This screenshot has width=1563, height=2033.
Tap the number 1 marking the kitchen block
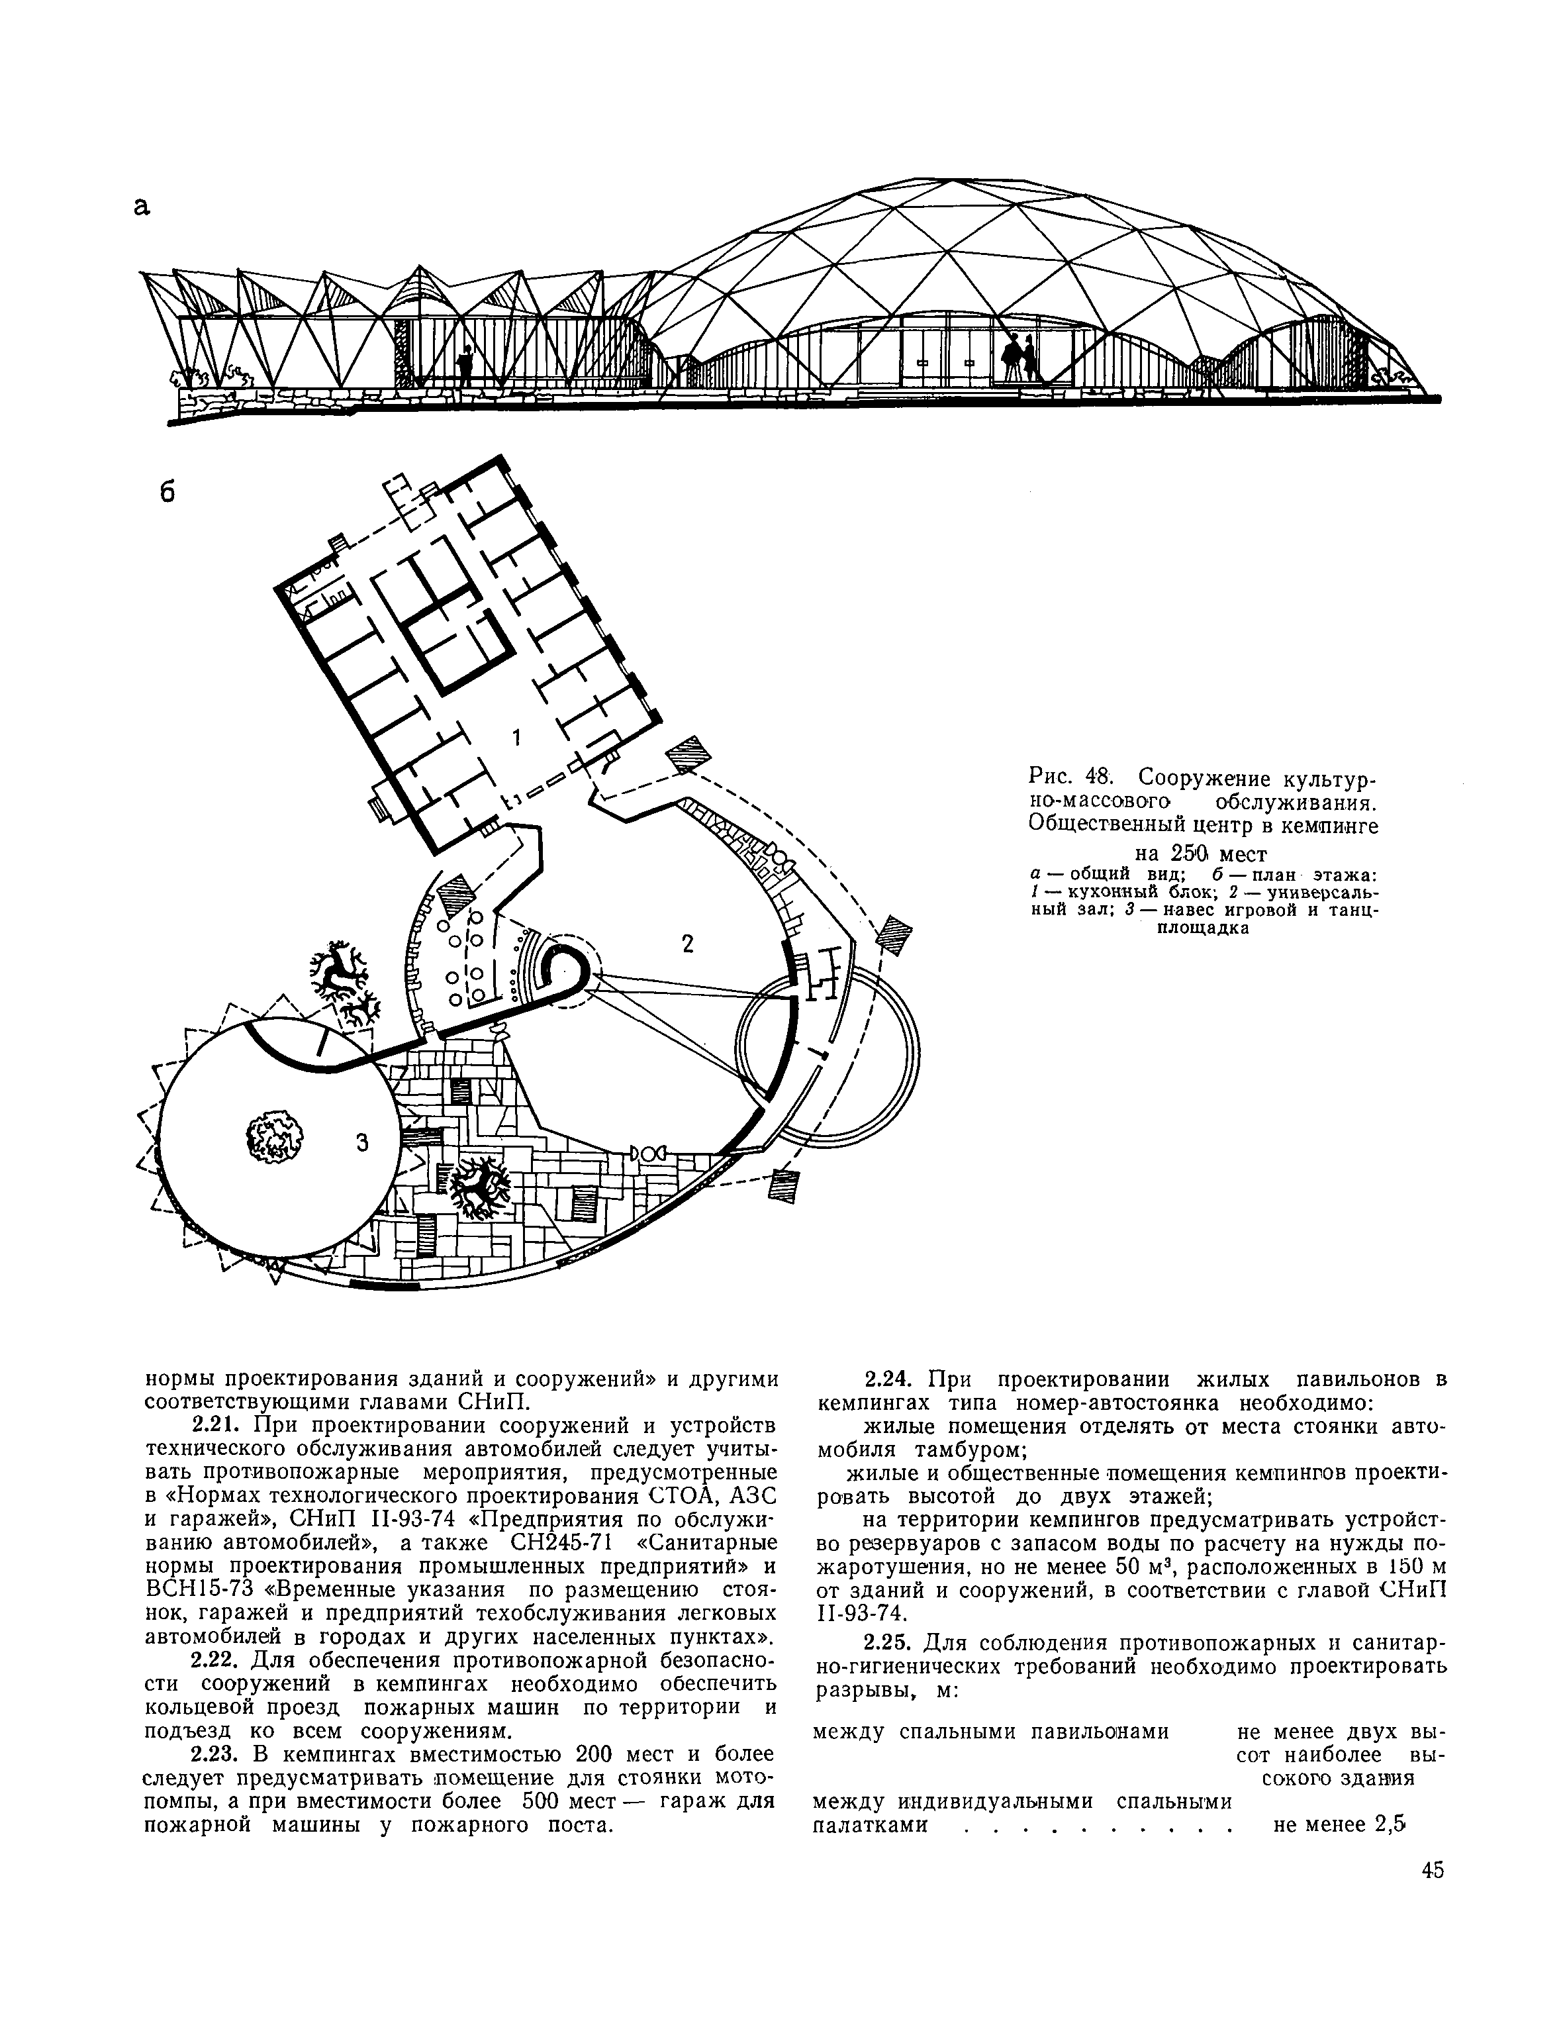tap(517, 737)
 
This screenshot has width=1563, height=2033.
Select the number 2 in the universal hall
tap(688, 944)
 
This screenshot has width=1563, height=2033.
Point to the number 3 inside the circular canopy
tap(363, 1144)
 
